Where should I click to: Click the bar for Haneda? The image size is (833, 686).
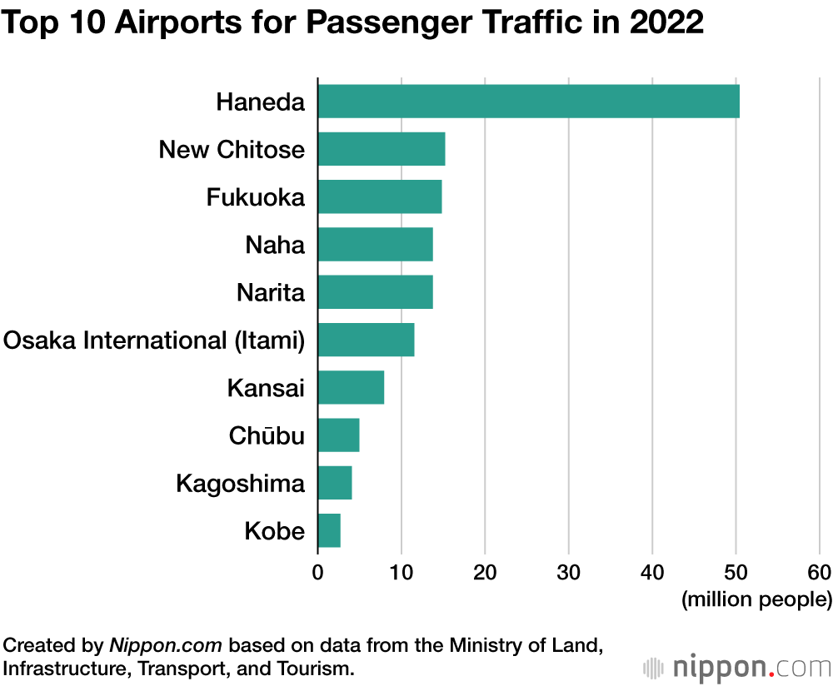(x=528, y=102)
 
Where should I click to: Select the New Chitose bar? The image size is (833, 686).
(x=381, y=149)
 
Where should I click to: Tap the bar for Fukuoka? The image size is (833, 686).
(x=379, y=196)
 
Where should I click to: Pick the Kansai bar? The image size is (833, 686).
(x=351, y=387)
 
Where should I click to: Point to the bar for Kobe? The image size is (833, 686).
(x=329, y=530)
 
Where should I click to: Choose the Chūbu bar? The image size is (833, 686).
(x=338, y=435)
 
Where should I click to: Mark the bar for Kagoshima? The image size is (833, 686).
(x=334, y=483)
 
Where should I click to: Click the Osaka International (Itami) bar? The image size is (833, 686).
(x=366, y=340)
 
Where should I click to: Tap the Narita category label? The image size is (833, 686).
(x=271, y=293)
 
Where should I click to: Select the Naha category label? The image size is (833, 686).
(x=275, y=246)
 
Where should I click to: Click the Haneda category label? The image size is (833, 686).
(x=260, y=102)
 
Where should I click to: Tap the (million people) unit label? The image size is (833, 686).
(x=756, y=599)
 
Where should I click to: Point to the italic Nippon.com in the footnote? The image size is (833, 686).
(x=167, y=645)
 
